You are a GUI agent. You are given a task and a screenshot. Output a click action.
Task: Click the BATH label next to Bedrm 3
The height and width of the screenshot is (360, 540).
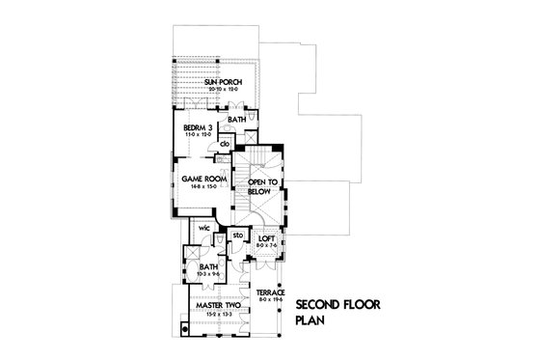[x=237, y=120]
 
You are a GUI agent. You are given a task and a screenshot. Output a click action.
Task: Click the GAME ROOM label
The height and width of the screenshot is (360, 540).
[x=204, y=179]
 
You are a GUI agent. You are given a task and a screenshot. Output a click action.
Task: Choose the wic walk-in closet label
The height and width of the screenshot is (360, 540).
[x=204, y=229]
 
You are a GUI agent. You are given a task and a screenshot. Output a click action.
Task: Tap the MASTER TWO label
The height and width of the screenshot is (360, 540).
[x=218, y=306]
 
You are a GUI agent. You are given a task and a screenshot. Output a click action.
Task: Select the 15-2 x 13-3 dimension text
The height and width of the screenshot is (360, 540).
[x=218, y=313]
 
